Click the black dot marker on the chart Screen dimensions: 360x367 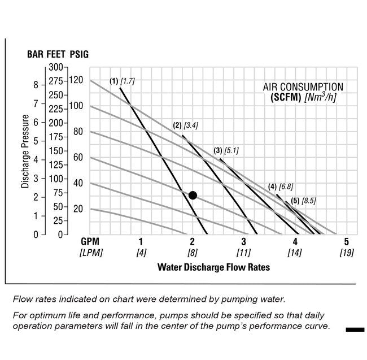193,195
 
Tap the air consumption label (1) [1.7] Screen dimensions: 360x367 122,81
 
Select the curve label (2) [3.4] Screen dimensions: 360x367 185,125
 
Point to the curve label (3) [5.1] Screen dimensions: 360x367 226,151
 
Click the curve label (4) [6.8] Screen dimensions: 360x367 281,186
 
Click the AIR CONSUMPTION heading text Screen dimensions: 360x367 303,87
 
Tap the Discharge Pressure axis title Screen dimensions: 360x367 25,151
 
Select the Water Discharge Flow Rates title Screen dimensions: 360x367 213,267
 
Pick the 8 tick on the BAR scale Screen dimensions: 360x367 36,85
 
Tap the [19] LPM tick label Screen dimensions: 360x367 346,253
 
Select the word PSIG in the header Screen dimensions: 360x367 78,55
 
